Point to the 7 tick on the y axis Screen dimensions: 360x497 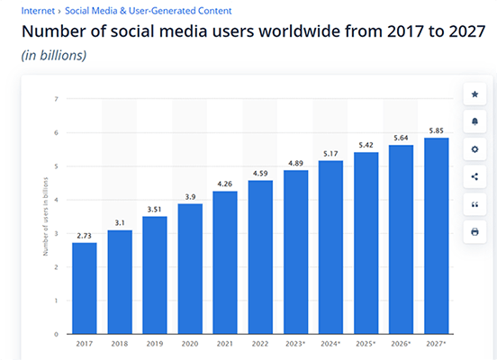point(56,99)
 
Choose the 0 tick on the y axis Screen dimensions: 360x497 point(56,334)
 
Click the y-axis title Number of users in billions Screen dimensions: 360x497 point(45,216)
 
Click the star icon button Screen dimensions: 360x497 point(474,94)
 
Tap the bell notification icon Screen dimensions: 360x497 point(474,121)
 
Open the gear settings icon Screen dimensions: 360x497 point(474,149)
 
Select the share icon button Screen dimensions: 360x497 point(474,177)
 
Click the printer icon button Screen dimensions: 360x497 point(474,232)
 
